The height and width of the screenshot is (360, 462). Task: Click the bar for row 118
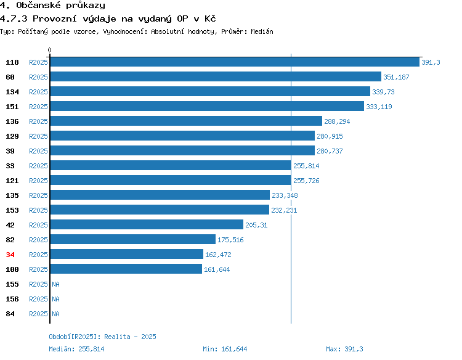[235, 62]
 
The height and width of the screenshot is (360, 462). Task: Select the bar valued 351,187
[216, 76]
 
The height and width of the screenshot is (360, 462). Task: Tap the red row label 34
[10, 255]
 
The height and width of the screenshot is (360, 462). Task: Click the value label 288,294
[337, 121]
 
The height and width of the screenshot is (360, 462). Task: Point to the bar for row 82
[133, 239]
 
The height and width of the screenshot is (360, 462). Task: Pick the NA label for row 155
[55, 284]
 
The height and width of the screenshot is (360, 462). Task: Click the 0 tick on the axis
[49, 50]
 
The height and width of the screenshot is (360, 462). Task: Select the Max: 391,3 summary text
[344, 349]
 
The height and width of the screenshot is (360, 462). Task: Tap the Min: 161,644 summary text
[225, 349]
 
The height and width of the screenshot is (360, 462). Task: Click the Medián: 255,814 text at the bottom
[76, 349]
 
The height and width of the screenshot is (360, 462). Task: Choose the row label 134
[12, 92]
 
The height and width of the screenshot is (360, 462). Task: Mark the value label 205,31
[256, 225]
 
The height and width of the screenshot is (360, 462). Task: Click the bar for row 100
[126, 269]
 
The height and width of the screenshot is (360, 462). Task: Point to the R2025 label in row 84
[38, 314]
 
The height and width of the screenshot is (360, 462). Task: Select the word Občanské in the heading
[38, 5]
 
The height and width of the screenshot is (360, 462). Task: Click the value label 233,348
[285, 195]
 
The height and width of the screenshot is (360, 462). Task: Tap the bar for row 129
[182, 136]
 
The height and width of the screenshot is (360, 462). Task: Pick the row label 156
[12, 299]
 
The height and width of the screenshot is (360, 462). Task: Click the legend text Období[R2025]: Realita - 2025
[102, 337]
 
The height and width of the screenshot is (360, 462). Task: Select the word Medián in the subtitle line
[262, 31]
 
